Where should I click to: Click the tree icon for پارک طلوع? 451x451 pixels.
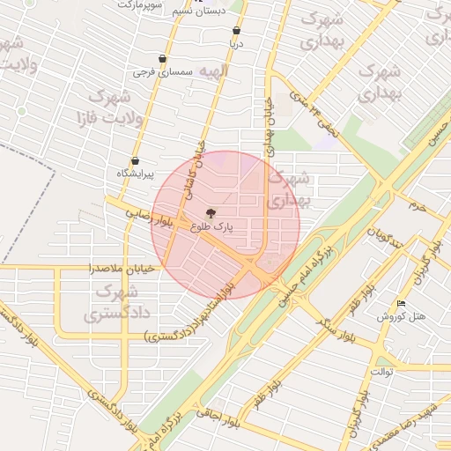210,213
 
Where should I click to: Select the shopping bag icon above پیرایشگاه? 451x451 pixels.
135,161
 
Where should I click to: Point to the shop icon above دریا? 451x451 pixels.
235,31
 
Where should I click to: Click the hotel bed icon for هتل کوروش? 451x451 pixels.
402,304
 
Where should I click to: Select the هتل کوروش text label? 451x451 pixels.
401,316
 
